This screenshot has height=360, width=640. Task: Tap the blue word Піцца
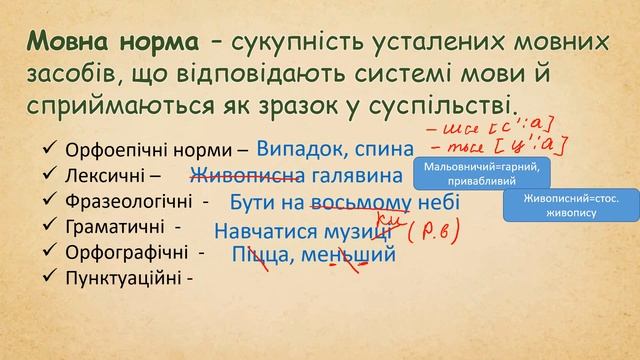pos(262,254)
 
